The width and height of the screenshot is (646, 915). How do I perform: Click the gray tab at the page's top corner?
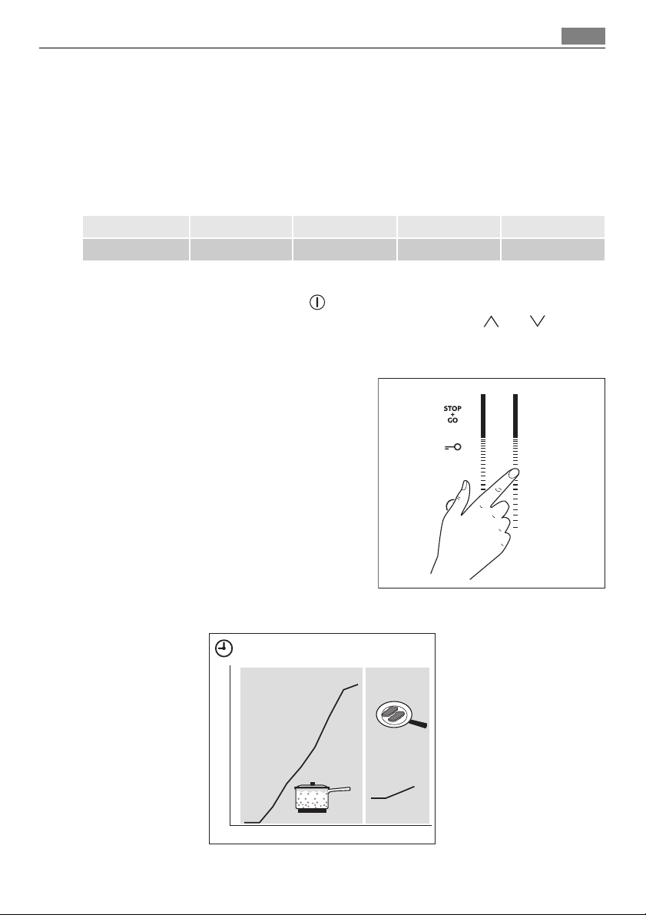[583, 36]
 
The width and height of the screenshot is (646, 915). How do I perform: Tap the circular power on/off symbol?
[317, 302]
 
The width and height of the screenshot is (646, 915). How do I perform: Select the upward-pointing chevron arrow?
[492, 321]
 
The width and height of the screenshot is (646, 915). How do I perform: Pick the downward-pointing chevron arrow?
[537, 321]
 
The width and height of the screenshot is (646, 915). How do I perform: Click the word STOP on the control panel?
[452, 409]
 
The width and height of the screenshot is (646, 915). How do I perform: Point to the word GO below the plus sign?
[453, 420]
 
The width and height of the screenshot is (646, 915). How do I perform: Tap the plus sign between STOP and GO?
[453, 414]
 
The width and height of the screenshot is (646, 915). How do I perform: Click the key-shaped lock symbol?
[453, 447]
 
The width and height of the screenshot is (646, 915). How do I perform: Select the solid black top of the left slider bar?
[483, 416]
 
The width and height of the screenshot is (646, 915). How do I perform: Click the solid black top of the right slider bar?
[515, 416]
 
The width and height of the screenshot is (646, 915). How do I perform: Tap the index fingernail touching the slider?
[514, 473]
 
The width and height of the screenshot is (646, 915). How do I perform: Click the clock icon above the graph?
[224, 648]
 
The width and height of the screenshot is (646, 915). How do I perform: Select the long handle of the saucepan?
[340, 790]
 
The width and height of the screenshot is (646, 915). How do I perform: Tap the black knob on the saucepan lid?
[312, 784]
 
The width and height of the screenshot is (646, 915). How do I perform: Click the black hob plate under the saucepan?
[312, 810]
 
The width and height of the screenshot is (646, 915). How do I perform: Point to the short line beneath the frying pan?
[393, 792]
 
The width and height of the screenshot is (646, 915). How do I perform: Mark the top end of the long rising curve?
[358, 684]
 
